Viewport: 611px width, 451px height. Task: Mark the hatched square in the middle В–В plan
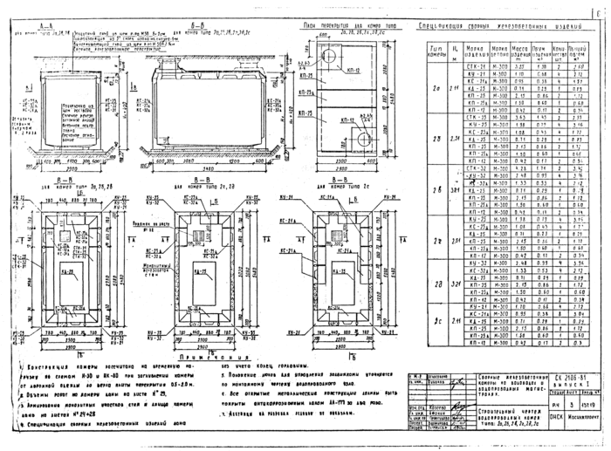(201, 236)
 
